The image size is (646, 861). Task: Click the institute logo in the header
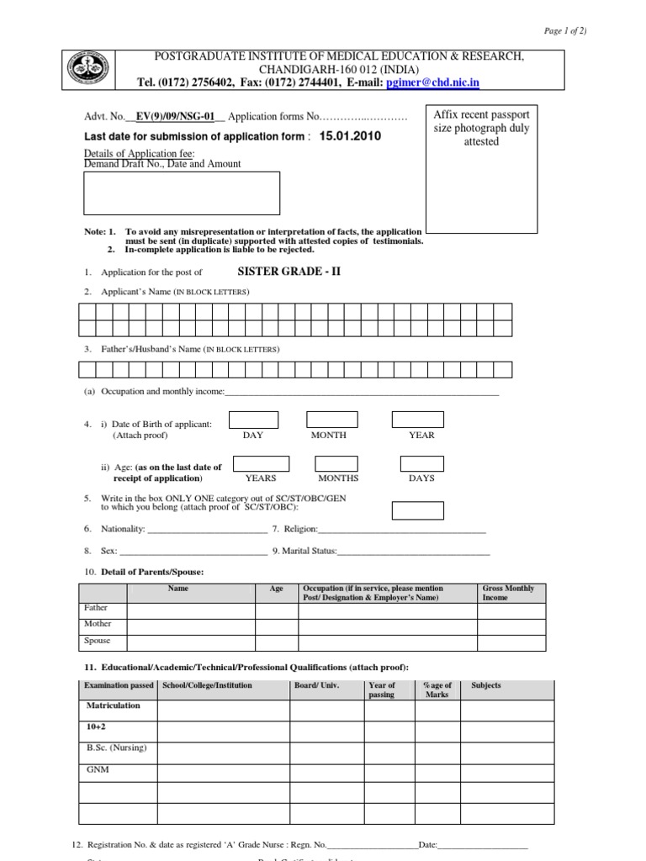(x=88, y=69)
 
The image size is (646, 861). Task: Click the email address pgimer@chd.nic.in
(x=432, y=82)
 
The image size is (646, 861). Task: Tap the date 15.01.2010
(x=343, y=136)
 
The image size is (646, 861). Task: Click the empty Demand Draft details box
(x=182, y=193)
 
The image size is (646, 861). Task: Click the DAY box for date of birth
(x=253, y=420)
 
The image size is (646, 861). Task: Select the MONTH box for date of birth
(x=332, y=420)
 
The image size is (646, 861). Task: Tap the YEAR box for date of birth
(x=417, y=420)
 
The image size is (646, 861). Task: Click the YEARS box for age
(x=261, y=463)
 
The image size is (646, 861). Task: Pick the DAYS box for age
(x=421, y=463)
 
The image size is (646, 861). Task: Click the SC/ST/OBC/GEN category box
(x=417, y=510)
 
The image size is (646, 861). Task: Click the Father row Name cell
(x=191, y=609)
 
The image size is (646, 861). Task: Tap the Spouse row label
(x=98, y=641)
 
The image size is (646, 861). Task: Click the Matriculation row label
(x=113, y=706)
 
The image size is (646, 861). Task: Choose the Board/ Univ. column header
(x=316, y=685)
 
